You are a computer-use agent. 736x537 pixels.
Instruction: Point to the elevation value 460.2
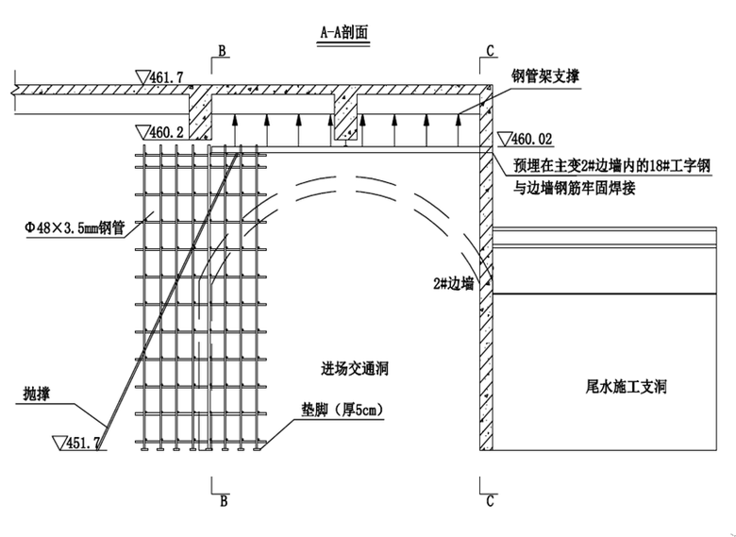coord(166,132)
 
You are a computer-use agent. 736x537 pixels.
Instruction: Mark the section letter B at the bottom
coord(223,501)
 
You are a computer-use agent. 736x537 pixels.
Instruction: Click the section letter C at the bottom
coord(489,501)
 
